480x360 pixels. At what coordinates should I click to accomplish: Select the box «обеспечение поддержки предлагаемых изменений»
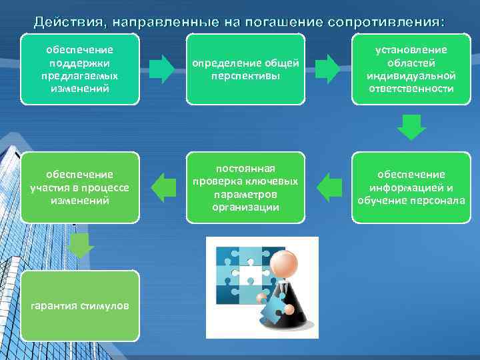click(x=80, y=69)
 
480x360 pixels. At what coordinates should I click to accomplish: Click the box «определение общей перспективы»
click(x=245, y=69)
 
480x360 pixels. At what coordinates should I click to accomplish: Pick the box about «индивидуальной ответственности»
click(x=411, y=69)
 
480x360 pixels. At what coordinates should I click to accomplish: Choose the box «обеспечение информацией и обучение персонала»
click(x=411, y=187)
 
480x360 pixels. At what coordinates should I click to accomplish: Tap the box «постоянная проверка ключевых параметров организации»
click(x=245, y=187)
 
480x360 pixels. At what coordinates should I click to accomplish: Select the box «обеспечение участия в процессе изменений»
click(x=80, y=187)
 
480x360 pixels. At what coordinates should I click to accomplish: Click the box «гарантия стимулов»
click(x=80, y=305)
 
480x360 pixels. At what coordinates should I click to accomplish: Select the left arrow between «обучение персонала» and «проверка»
click(x=328, y=187)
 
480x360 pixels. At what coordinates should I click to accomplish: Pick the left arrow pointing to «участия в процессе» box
click(x=163, y=187)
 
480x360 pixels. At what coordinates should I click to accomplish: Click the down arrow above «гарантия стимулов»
click(x=81, y=246)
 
